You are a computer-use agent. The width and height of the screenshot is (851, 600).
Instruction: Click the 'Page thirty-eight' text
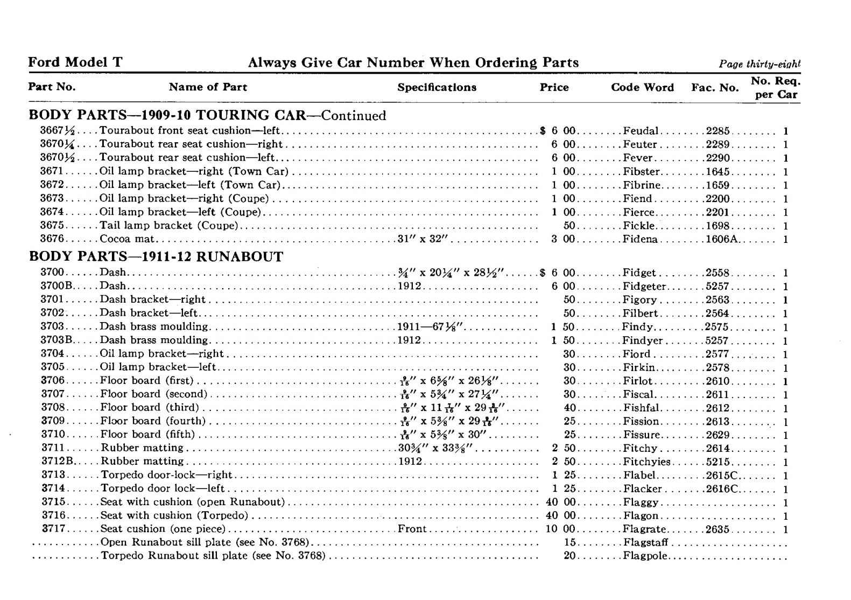[759, 64]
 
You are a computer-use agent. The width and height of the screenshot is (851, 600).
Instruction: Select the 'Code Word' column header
[642, 87]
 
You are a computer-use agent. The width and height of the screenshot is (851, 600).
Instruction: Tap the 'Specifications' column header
[437, 87]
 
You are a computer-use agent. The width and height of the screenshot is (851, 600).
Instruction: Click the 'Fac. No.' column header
[715, 87]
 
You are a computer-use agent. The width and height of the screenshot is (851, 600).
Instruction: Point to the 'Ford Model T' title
[75, 62]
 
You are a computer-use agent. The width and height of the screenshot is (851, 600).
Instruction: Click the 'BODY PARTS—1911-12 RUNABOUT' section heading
[156, 256]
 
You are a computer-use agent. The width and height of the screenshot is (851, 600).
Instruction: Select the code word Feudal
[641, 131]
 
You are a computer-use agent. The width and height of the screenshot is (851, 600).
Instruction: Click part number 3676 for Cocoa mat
[52, 239]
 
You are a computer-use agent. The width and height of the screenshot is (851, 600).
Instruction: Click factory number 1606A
[721, 239]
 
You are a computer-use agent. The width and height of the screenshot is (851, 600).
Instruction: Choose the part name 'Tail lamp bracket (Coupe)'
[169, 226]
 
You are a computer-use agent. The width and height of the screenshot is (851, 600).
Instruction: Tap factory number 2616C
[721, 489]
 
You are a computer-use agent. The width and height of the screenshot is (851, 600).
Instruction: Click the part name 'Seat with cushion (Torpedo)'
[174, 515]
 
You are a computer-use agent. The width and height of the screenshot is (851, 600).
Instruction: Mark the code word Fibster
[641, 172]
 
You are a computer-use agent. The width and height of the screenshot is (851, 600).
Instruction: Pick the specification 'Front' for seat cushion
[412, 529]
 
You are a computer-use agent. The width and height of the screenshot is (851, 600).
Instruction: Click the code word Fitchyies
[646, 462]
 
